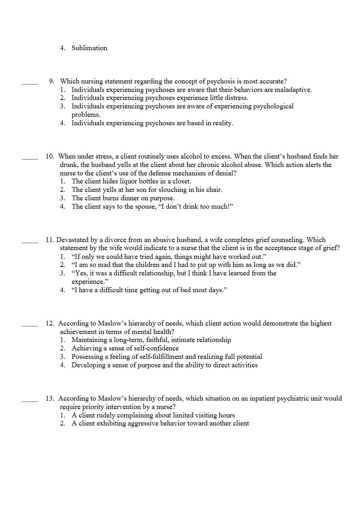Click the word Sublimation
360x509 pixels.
(89, 48)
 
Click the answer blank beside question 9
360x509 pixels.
(30, 83)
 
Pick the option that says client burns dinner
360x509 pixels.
(123, 198)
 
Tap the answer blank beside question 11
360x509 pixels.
(30, 242)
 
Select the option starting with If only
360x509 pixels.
(169, 257)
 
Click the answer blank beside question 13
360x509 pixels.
(30, 401)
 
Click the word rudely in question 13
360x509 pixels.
(108, 415)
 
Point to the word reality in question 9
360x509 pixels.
(221, 123)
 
